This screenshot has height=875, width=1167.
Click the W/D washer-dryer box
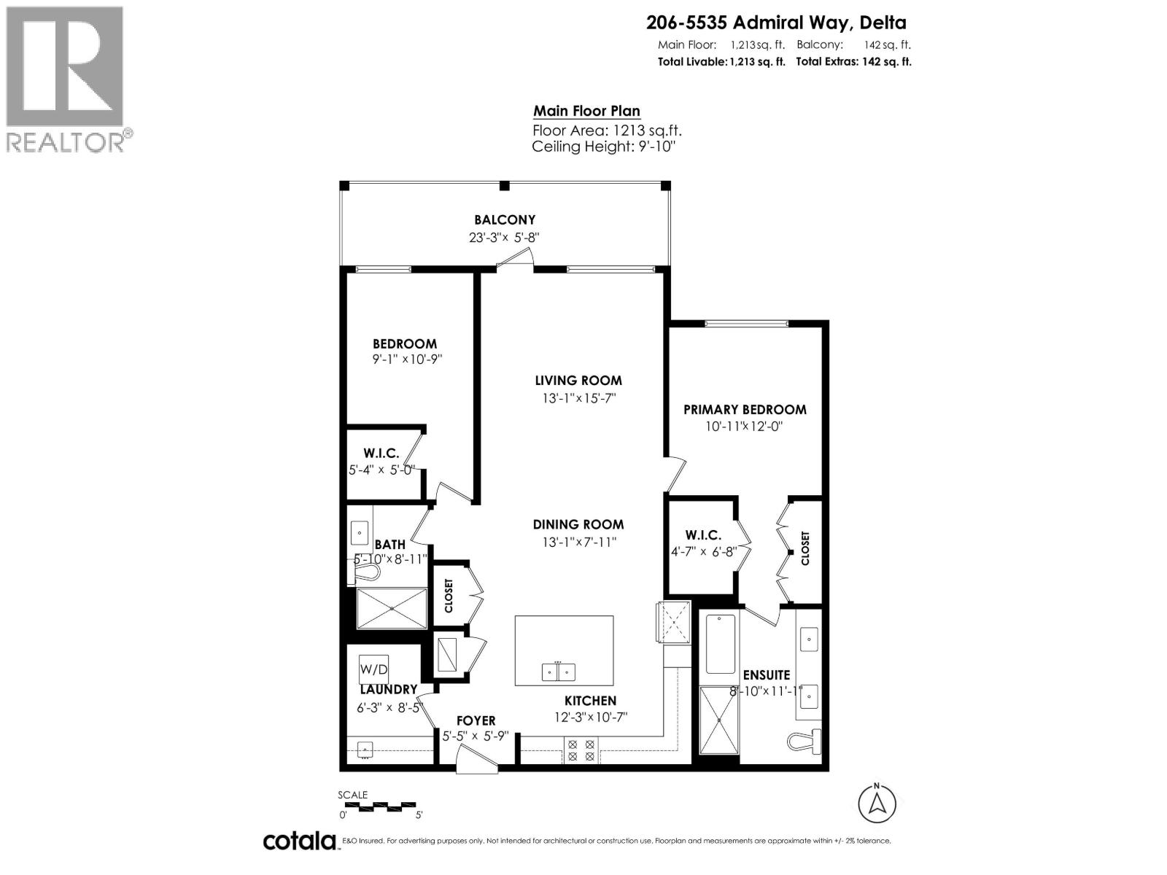tap(373, 668)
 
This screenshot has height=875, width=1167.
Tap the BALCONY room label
tap(505, 219)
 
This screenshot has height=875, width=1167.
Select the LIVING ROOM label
tap(578, 381)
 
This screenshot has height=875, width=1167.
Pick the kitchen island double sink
tap(559, 672)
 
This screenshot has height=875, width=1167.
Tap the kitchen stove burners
tap(581, 751)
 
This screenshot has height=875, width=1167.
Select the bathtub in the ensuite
tap(720, 644)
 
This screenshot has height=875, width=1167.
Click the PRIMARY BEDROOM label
tap(745, 410)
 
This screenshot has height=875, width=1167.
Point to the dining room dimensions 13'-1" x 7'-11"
tap(578, 542)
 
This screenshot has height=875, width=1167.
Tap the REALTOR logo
tap(66, 79)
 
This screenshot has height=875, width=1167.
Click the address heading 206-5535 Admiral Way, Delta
tap(776, 23)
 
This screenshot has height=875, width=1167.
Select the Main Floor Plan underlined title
tap(586, 112)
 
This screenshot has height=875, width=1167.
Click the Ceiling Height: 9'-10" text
tap(604, 147)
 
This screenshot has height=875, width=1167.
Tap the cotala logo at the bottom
tap(299, 841)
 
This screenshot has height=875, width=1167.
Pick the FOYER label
tap(476, 720)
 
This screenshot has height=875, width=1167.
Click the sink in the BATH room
tap(360, 533)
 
